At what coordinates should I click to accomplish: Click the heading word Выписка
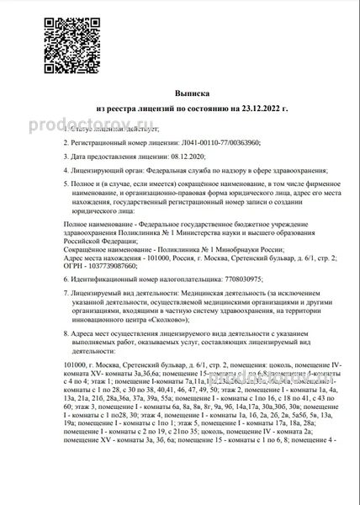coord(180,96)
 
